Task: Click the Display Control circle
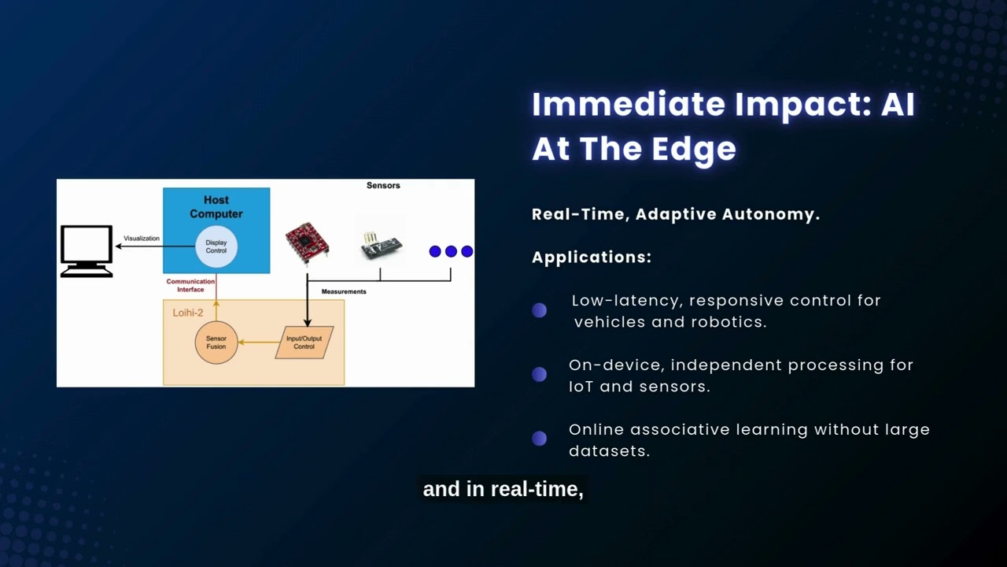pyautogui.click(x=216, y=246)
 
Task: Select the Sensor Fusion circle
pyautogui.click(x=216, y=343)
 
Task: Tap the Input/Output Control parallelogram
pyautogui.click(x=304, y=343)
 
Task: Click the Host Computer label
pyautogui.click(x=216, y=207)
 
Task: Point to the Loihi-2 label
pyautogui.click(x=188, y=313)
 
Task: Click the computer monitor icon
pyautogui.click(x=87, y=250)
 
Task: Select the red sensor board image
pyautogui.click(x=307, y=241)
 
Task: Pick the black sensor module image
pyautogui.click(x=382, y=246)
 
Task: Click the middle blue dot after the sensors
pyautogui.click(x=451, y=251)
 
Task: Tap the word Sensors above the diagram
pyautogui.click(x=383, y=186)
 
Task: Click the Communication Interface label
pyautogui.click(x=190, y=285)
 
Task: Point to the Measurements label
pyautogui.click(x=344, y=292)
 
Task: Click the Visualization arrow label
pyautogui.click(x=142, y=239)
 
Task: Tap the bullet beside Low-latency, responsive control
pyautogui.click(x=539, y=310)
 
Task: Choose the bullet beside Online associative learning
pyautogui.click(x=539, y=439)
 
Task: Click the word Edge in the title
pyautogui.click(x=697, y=149)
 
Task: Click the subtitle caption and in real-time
pyautogui.click(x=503, y=489)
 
